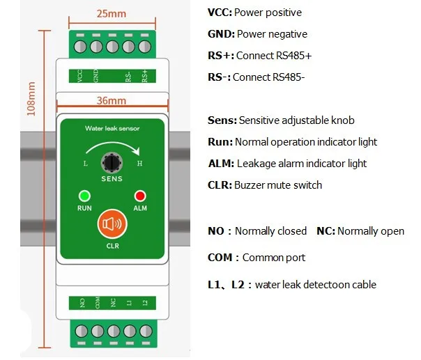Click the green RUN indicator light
pos(84,196)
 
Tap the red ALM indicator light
pos(139,196)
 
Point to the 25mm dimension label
pos(111,14)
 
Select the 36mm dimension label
pos(111,100)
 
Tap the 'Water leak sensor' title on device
pos(112,129)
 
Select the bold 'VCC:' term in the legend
pos(220,13)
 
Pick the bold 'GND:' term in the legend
pos(221,34)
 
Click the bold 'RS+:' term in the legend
pos(221,56)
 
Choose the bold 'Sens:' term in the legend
pos(222,120)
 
